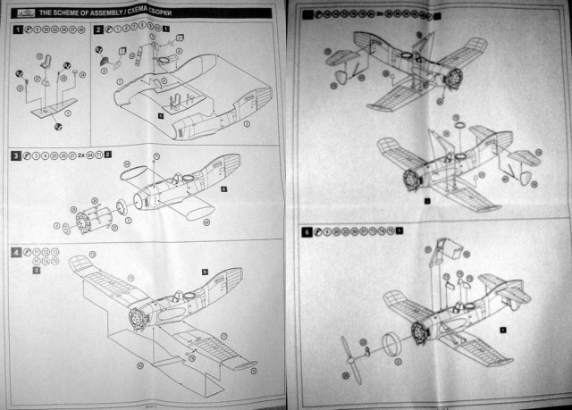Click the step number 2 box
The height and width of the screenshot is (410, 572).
tap(97, 29)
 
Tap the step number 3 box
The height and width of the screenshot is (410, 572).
tap(16, 155)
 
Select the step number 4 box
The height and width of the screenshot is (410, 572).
tap(16, 252)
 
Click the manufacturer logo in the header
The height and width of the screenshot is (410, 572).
tap(22, 10)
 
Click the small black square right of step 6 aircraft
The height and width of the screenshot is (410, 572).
tap(502, 330)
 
